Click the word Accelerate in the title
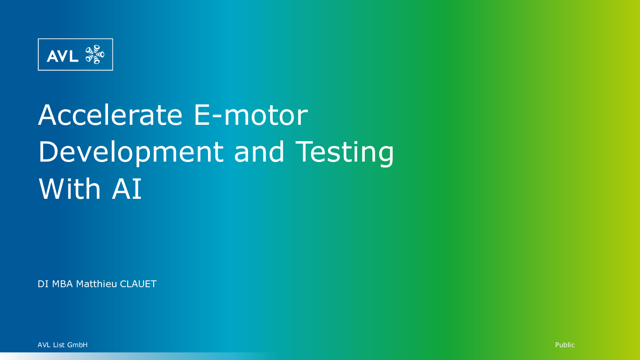110,115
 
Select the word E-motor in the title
251,115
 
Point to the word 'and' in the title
259,152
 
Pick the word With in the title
70,188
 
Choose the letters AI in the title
126,188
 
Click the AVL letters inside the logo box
62,56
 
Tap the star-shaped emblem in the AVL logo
95,54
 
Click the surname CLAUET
138,284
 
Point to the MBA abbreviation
62,284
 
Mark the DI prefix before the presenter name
43,284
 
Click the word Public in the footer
565,345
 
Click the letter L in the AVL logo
74,56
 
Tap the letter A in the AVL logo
52,56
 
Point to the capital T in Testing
304,152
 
